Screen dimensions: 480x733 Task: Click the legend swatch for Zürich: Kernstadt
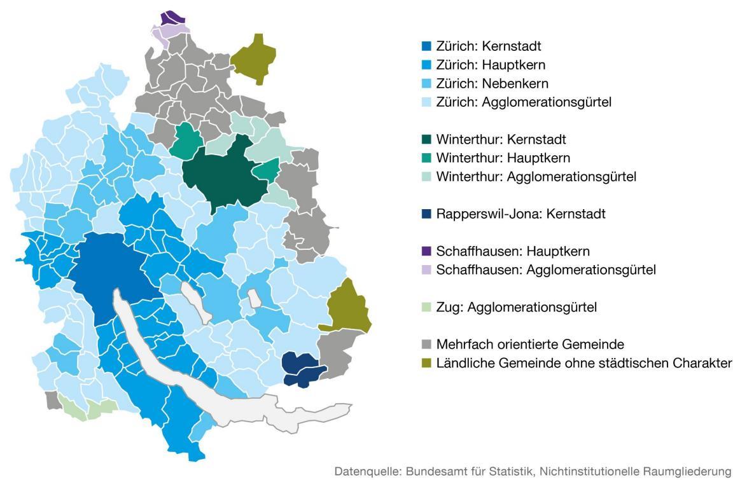(426, 46)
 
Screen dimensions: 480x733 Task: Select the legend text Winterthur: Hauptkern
(503, 158)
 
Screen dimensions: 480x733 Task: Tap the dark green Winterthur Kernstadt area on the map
(223, 175)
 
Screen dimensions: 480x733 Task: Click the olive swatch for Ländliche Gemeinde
(426, 363)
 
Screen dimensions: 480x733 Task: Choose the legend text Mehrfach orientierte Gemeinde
(530, 345)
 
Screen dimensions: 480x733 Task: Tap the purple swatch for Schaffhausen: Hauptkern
(426, 251)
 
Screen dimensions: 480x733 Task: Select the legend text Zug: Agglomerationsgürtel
(516, 307)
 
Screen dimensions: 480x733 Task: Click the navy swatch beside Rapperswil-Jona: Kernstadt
(426, 214)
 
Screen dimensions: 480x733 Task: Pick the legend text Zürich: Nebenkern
(492, 83)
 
